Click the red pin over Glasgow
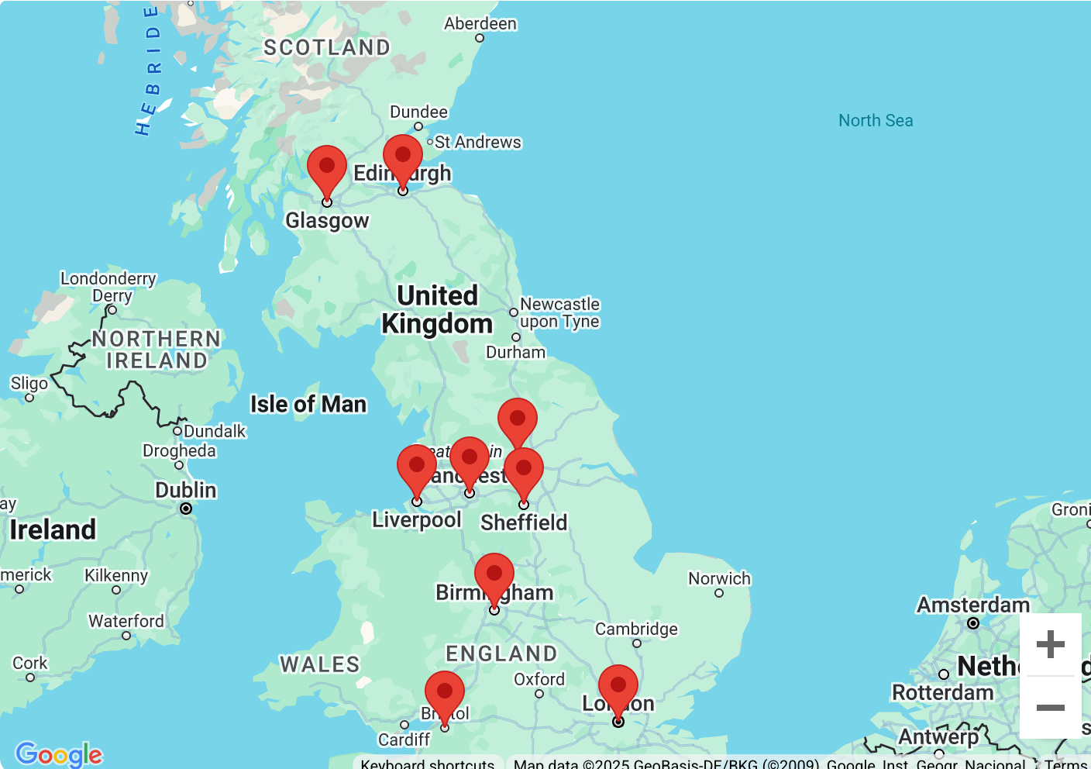(327, 168)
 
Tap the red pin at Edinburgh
(403, 157)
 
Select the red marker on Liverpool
(417, 467)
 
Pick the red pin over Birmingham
(494, 576)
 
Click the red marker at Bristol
(445, 694)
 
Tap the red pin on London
(618, 688)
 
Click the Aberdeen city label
(480, 23)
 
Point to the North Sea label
(876, 120)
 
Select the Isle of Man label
(308, 404)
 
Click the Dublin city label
(186, 490)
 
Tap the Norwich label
(719, 578)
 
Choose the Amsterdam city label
(973, 605)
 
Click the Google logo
(59, 753)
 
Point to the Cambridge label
(636, 629)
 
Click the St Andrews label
(477, 142)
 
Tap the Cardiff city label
(404, 740)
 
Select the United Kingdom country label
(437, 309)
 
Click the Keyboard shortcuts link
(428, 764)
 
